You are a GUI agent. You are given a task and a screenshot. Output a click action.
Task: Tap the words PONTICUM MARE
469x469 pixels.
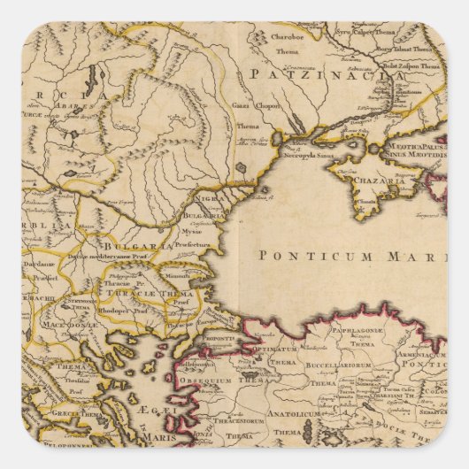tap(350, 255)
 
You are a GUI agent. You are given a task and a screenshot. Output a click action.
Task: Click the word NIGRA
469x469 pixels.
tap(208, 201)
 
